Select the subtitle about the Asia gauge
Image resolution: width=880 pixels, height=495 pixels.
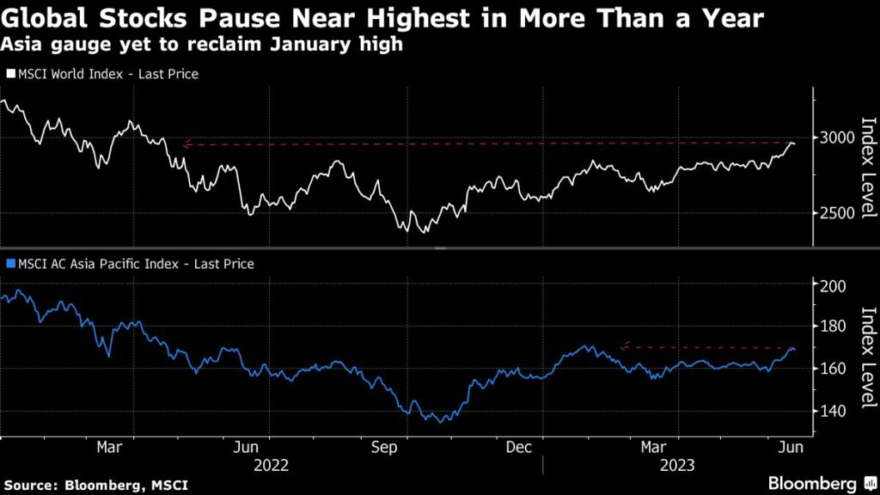pyautogui.click(x=203, y=45)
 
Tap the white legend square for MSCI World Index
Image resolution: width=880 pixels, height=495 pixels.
pyautogui.click(x=9, y=75)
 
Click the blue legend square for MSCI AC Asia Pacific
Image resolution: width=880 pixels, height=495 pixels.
pyautogui.click(x=9, y=265)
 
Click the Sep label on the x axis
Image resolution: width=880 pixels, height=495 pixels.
pyautogui.click(x=385, y=448)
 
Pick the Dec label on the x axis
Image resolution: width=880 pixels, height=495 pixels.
pyautogui.click(x=519, y=448)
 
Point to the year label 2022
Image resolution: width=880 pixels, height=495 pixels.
pyautogui.click(x=271, y=466)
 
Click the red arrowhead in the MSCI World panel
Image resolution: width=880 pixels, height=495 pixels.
pyautogui.click(x=186, y=144)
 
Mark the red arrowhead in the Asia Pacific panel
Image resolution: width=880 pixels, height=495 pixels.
pyautogui.click(x=624, y=347)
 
